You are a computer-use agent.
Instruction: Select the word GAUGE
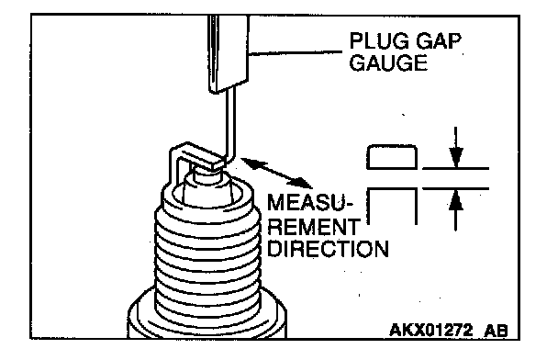pos(388,62)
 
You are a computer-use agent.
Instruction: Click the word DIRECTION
pos(328,249)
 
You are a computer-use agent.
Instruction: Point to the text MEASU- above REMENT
pos(309,202)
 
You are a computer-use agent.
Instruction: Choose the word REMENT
pos(314,227)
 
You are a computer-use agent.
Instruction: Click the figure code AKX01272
pos(431,330)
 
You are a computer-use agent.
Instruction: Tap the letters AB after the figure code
pos(496,331)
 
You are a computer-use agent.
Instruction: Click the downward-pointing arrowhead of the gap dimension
pos(456,157)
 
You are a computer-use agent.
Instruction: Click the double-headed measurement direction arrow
pos(277,173)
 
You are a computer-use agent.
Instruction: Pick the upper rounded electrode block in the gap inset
pos(392,157)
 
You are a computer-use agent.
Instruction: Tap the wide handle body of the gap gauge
pos(228,53)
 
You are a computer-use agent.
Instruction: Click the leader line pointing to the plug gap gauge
pos(296,52)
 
